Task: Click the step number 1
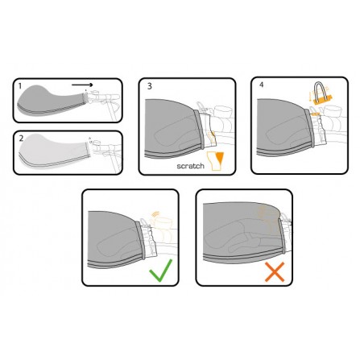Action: click(x=20, y=86)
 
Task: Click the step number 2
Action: click(x=21, y=139)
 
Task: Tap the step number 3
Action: click(x=150, y=86)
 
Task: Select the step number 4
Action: click(x=262, y=85)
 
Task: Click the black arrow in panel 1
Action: click(x=82, y=85)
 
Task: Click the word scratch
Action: click(x=190, y=166)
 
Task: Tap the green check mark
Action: click(x=161, y=270)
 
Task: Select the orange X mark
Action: click(x=275, y=272)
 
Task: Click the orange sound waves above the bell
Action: click(x=155, y=214)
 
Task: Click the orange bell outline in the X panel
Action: click(x=266, y=215)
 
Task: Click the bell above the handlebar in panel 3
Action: click(x=221, y=110)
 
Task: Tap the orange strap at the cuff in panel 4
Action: click(x=316, y=114)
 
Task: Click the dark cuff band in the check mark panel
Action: click(x=140, y=239)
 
